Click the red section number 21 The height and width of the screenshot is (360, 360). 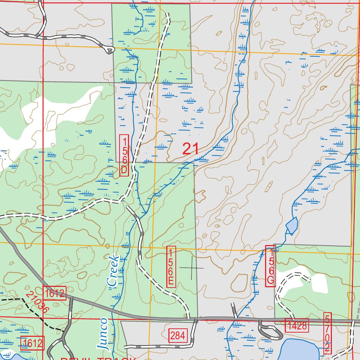tap(191, 149)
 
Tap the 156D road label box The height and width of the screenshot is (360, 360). tap(124, 155)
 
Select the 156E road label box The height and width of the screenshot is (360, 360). tap(171, 266)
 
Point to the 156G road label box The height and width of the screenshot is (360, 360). tap(270, 266)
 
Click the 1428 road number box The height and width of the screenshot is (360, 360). tap(297, 326)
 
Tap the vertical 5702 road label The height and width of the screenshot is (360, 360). tap(327, 333)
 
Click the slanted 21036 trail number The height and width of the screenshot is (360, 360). tap(37, 302)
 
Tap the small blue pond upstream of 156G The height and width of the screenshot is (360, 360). tap(292, 226)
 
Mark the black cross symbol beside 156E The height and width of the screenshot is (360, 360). tap(192, 268)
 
